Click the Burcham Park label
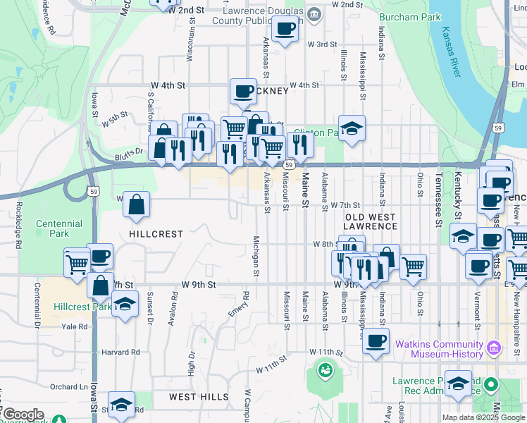point(409,17)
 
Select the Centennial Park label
point(59,228)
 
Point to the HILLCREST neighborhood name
point(156,233)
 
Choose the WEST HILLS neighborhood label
point(197,397)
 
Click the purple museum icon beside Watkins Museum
point(493,348)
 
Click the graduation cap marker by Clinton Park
point(352,128)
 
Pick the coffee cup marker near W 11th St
point(376,341)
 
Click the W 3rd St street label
point(323,44)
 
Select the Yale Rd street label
point(74,327)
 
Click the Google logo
point(23,415)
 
